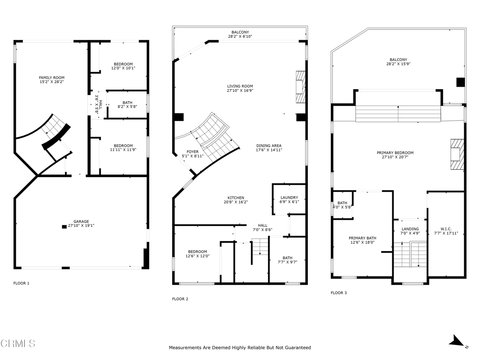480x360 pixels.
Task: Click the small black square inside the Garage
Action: click(64, 227)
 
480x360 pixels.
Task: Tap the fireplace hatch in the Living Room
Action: click(300, 87)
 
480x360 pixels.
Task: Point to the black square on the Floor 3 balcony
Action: click(461, 82)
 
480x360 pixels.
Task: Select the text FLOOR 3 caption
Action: click(339, 293)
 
